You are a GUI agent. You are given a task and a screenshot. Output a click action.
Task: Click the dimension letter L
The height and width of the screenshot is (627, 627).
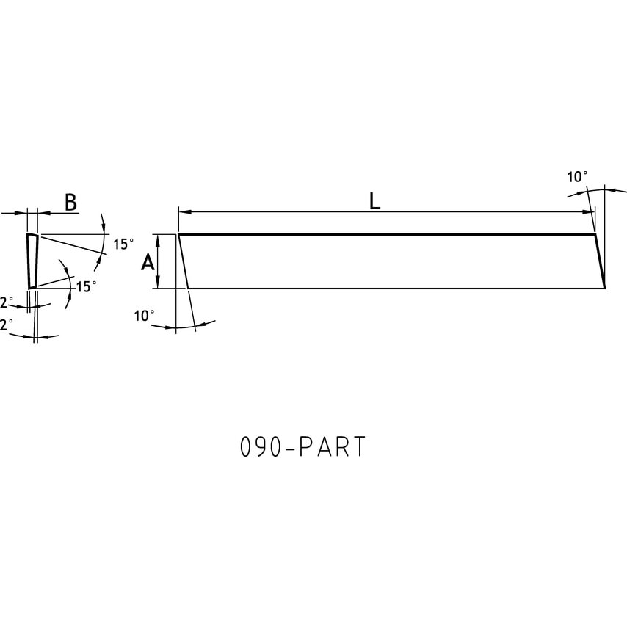(x=374, y=201)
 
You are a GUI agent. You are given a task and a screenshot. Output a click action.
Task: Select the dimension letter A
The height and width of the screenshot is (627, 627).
(x=148, y=262)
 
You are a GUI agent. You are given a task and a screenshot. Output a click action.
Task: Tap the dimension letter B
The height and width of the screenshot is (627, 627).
(x=70, y=203)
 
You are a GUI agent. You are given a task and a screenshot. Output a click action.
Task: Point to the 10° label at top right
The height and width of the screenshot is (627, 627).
(x=577, y=177)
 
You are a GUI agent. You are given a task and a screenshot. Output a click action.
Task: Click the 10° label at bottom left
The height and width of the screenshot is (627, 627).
(x=144, y=316)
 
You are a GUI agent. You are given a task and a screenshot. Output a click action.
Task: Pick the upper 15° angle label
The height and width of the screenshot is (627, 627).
(x=123, y=244)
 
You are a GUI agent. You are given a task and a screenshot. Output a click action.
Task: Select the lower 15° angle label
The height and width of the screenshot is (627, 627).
(x=87, y=286)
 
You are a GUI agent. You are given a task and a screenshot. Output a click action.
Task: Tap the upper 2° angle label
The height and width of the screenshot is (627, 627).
(x=7, y=302)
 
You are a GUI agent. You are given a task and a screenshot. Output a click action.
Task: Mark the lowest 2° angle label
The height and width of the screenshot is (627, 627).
(x=7, y=325)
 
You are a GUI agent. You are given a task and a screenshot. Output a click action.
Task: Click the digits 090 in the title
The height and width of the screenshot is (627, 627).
(x=261, y=447)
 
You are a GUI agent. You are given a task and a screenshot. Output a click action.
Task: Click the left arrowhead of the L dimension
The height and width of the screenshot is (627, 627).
(x=184, y=212)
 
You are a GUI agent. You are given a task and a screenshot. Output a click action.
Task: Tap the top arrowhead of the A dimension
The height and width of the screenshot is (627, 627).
(x=159, y=239)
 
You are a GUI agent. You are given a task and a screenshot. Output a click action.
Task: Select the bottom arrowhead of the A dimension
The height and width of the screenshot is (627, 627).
(x=159, y=284)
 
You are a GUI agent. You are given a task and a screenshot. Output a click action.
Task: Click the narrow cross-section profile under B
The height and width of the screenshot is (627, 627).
(x=32, y=261)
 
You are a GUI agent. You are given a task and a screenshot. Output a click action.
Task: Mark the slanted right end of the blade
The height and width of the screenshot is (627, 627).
(x=599, y=261)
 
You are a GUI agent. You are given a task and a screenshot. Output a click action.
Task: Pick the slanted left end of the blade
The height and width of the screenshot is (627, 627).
(x=184, y=261)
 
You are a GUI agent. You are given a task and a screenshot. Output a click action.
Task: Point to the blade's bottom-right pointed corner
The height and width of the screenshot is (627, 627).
(x=604, y=288)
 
